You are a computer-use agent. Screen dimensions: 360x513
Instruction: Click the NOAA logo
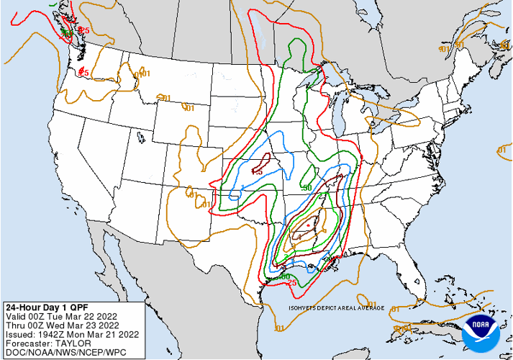[481, 330]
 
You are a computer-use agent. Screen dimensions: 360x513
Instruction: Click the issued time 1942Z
[50, 333]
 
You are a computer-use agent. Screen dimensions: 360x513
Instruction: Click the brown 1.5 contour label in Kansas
[257, 171]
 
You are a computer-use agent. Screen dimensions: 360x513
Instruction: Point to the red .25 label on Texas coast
[292, 282]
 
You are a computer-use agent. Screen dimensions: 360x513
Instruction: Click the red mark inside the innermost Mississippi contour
[308, 225]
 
